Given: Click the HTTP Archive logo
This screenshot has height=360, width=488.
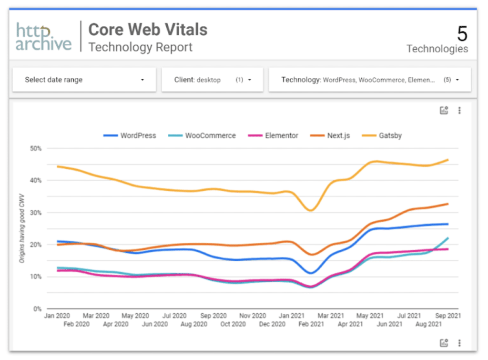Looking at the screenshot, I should [x=43, y=37].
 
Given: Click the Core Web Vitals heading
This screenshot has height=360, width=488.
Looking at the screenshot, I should [x=148, y=30].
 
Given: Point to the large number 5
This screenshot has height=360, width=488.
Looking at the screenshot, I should [x=462, y=34].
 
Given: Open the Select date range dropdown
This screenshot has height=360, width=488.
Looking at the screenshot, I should [x=84, y=80].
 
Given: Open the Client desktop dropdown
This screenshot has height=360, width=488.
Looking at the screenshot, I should [x=212, y=80].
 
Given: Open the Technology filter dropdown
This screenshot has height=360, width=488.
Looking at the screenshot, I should [x=370, y=80].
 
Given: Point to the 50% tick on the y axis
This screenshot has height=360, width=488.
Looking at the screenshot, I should [x=36, y=148].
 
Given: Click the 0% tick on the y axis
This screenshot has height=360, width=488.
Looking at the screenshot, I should [x=38, y=309].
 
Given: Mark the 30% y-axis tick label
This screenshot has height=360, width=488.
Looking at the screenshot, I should [x=36, y=213].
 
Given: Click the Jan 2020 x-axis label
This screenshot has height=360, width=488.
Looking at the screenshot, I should [x=57, y=316].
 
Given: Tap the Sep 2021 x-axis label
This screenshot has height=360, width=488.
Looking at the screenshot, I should [x=447, y=316].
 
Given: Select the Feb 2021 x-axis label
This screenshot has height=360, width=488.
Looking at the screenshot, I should [x=311, y=324].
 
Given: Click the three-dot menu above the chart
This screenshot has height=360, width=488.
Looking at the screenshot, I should [x=459, y=111].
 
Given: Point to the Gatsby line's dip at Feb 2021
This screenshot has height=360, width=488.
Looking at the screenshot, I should [x=311, y=210].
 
